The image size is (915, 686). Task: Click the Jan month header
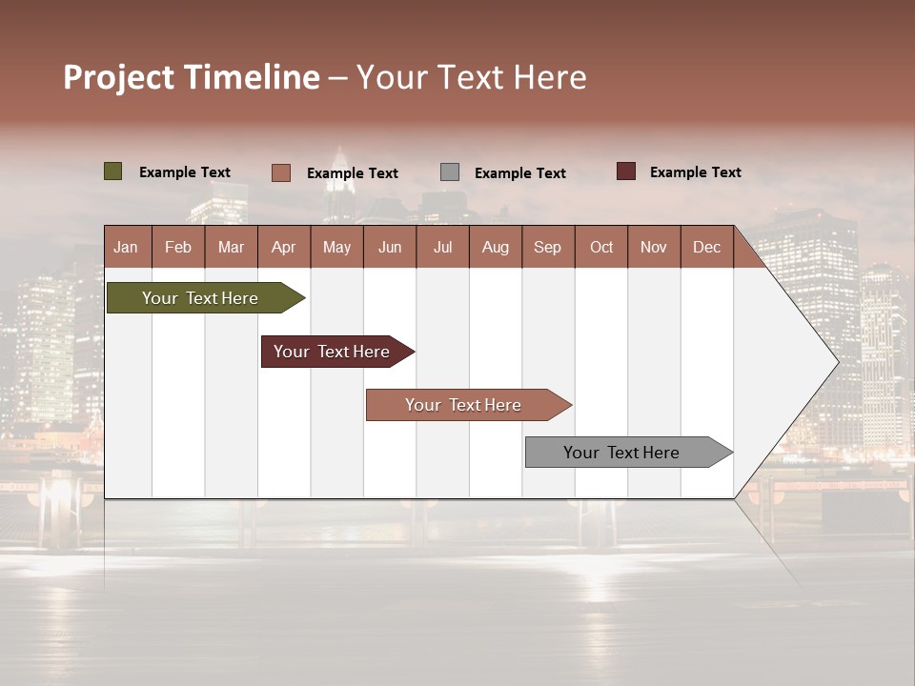click(127, 247)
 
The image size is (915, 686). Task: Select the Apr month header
click(284, 247)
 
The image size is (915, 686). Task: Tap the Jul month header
click(442, 247)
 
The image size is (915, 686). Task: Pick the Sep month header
click(547, 247)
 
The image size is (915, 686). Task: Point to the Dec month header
click(706, 247)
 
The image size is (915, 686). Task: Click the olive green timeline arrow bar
click(201, 298)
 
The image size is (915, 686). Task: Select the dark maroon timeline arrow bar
click(333, 352)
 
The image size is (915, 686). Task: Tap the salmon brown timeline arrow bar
click(463, 405)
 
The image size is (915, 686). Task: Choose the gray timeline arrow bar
click(622, 453)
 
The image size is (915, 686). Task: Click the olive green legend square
click(112, 171)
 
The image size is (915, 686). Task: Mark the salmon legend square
click(280, 172)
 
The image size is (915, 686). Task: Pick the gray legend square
click(450, 171)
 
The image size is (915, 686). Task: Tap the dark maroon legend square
click(626, 171)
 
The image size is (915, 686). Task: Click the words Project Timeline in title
click(192, 77)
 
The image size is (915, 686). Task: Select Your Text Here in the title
click(471, 77)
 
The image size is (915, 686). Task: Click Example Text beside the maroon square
click(695, 172)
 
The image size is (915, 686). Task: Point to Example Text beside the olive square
click(185, 172)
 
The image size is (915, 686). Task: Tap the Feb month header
click(178, 247)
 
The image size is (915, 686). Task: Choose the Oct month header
click(601, 247)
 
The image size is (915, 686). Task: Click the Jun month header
click(390, 247)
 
